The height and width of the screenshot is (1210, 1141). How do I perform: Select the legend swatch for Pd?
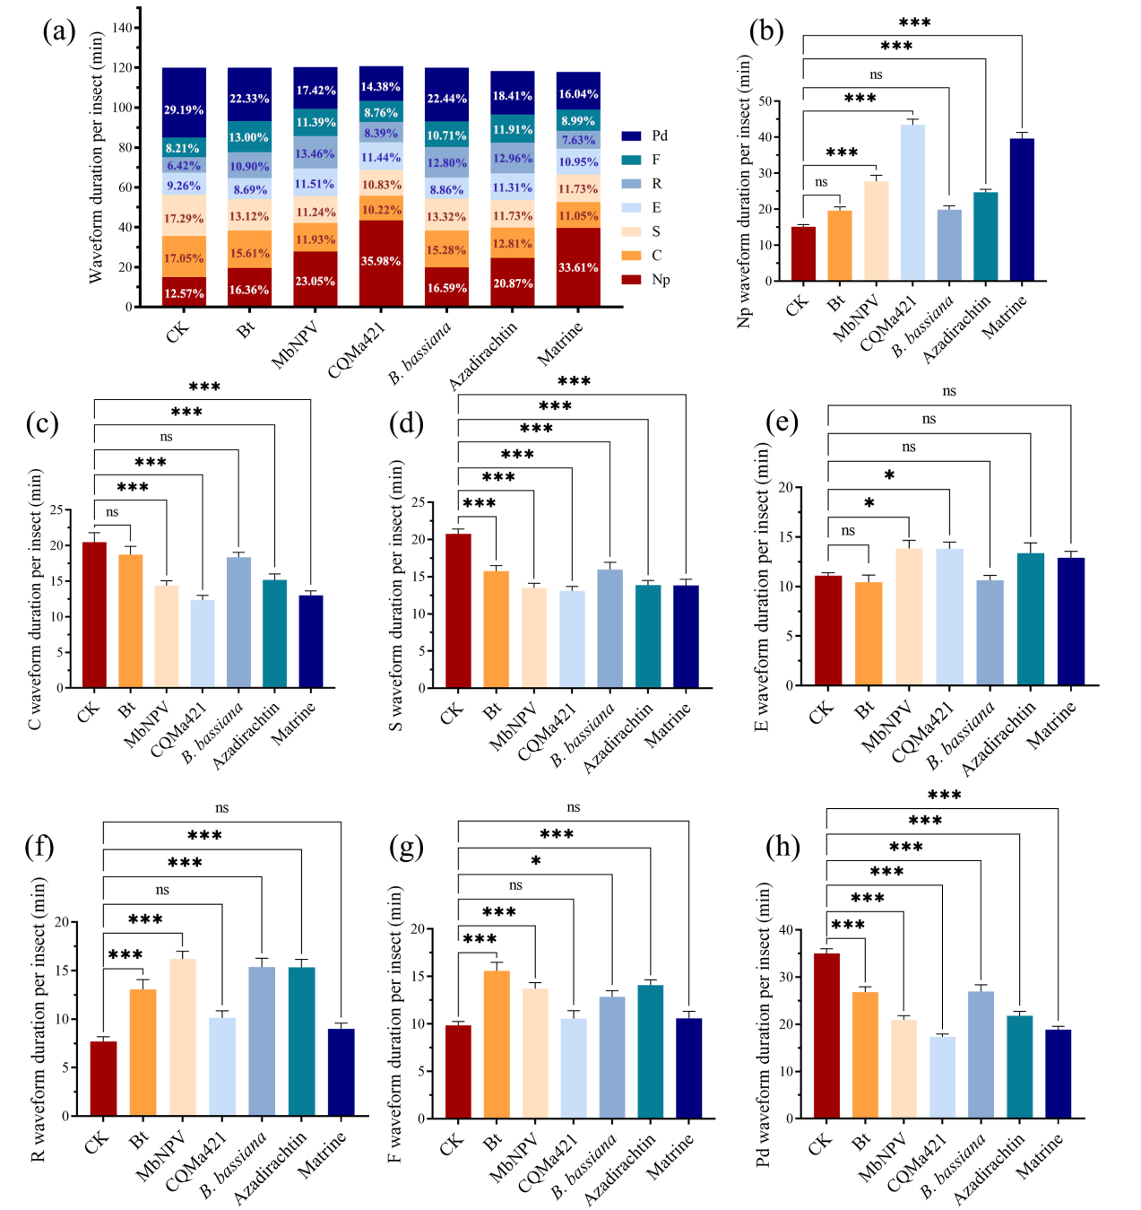pyautogui.click(x=632, y=135)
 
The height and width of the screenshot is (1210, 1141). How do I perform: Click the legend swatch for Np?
pyautogui.click(x=632, y=280)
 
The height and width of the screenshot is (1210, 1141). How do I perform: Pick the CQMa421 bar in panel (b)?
pyautogui.click(x=912, y=203)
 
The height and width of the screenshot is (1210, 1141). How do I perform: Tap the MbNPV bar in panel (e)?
pyautogui.click(x=909, y=617)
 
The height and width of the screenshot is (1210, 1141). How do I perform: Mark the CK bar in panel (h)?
pyautogui.click(x=826, y=1036)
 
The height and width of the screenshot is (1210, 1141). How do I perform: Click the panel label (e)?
pyautogui.click(x=782, y=421)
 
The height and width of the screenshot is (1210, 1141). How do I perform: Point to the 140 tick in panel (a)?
pyautogui.click(x=123, y=28)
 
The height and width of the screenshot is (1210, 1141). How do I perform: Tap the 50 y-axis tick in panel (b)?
pyautogui.click(x=765, y=101)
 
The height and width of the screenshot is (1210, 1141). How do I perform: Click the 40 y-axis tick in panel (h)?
pyautogui.click(x=786, y=930)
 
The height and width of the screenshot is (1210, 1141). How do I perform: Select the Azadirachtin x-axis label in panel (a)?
pyautogui.click(x=484, y=357)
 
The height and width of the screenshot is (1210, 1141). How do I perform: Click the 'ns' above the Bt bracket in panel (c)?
pyautogui.click(x=112, y=512)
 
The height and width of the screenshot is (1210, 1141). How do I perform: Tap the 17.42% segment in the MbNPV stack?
pyautogui.click(x=316, y=91)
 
